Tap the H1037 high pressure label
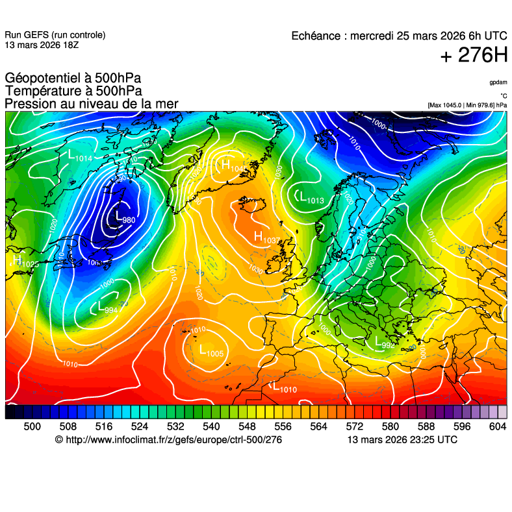[x=266, y=238]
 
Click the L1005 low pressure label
[x=211, y=352]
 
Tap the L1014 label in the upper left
[x=80, y=156]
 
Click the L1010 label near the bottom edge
[x=284, y=388]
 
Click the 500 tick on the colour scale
[x=32, y=426]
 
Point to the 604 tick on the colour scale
[x=497, y=426]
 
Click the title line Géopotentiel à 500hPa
[x=72, y=79]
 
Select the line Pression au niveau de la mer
[x=91, y=104]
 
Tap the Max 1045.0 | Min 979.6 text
[x=467, y=105]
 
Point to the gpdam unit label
[x=498, y=82]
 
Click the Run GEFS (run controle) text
[x=55, y=35]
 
